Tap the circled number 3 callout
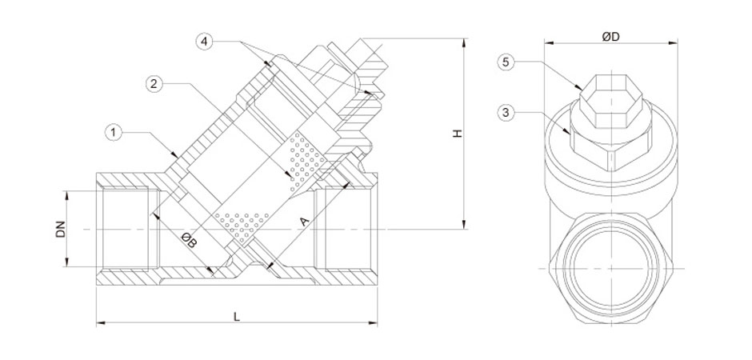coord(505,113)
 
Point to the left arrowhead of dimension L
coord(98,323)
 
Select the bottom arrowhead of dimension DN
coord(66,266)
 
